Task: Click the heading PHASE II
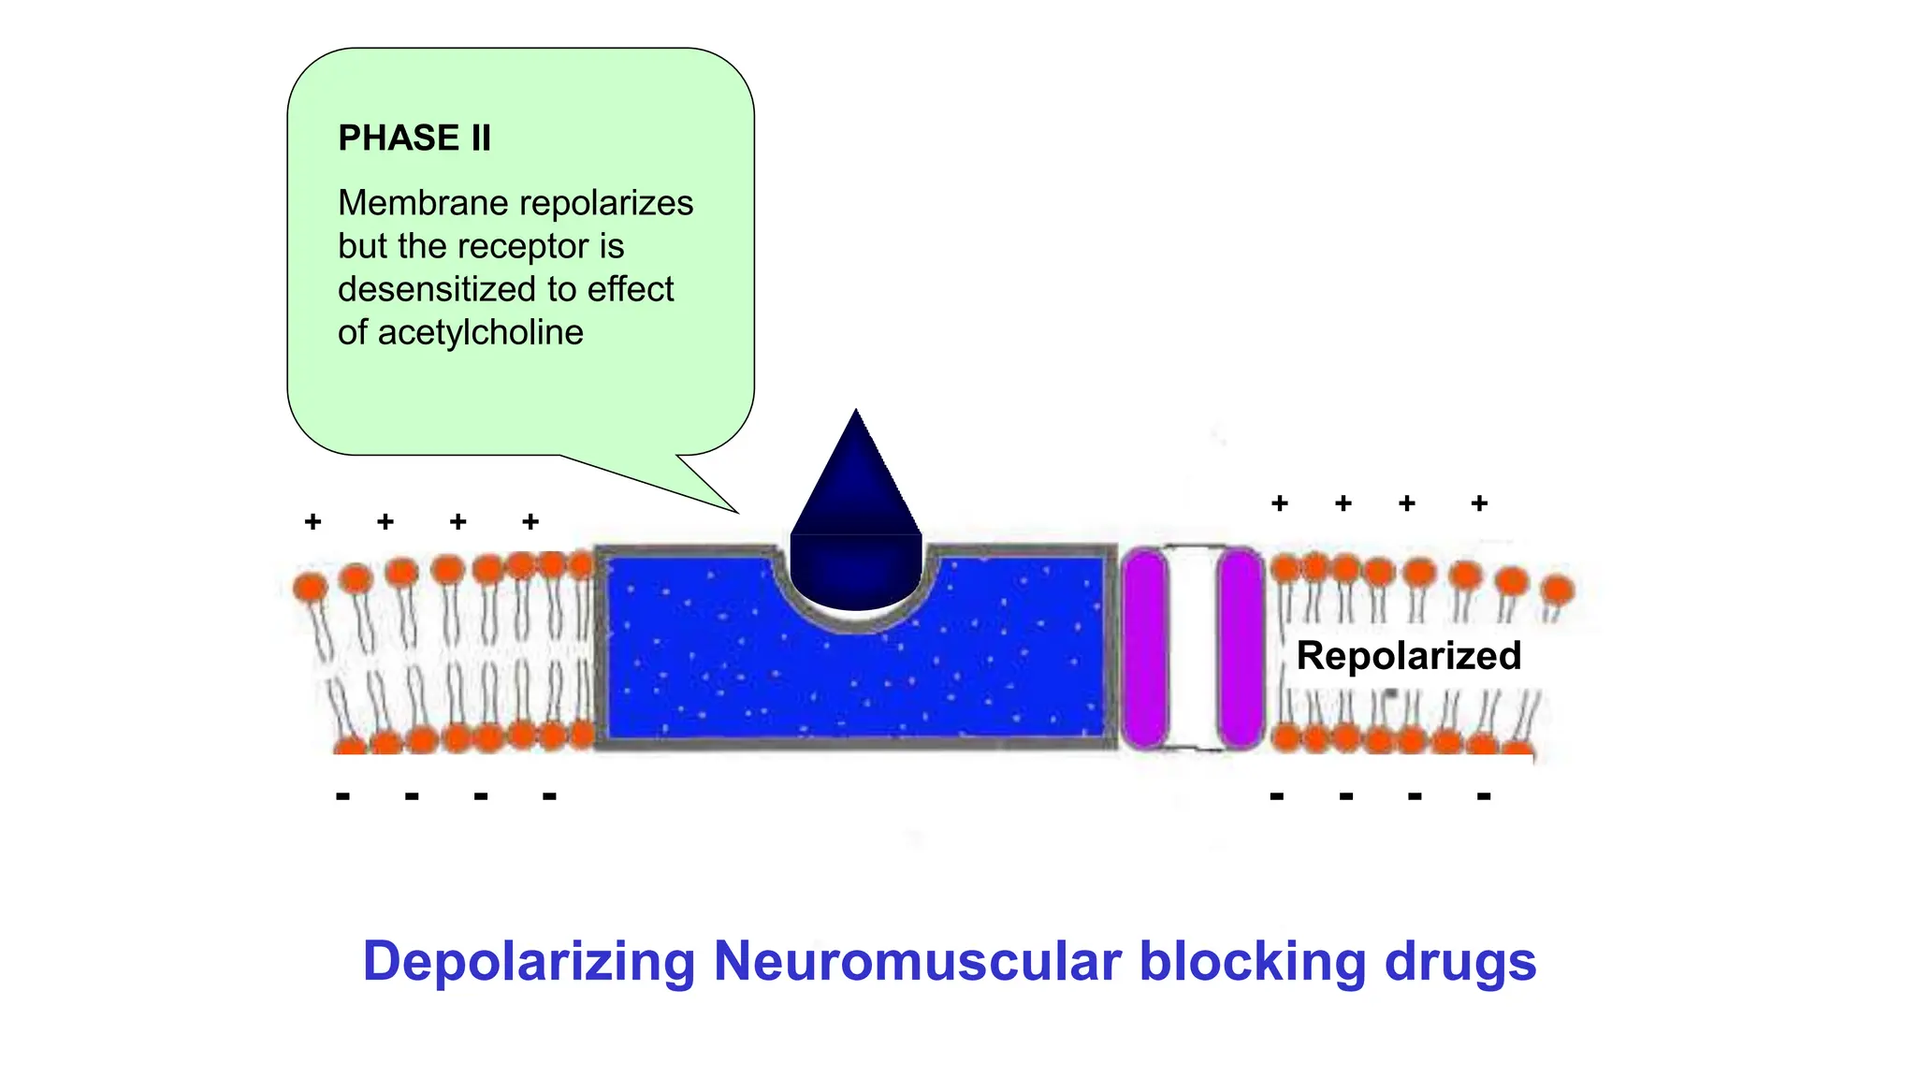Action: [414, 138]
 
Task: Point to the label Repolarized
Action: [1408, 655]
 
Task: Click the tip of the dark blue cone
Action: [856, 415]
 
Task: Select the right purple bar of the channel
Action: [1241, 648]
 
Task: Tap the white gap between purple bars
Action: [1193, 648]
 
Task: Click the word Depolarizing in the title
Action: [529, 961]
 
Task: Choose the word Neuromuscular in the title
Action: [917, 961]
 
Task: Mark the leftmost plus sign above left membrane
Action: [313, 521]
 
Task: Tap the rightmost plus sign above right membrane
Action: [1479, 503]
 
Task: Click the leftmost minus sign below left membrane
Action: [342, 796]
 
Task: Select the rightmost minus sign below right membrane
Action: [1484, 796]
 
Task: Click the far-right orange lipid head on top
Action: [1557, 590]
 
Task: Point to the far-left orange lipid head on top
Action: [310, 588]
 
